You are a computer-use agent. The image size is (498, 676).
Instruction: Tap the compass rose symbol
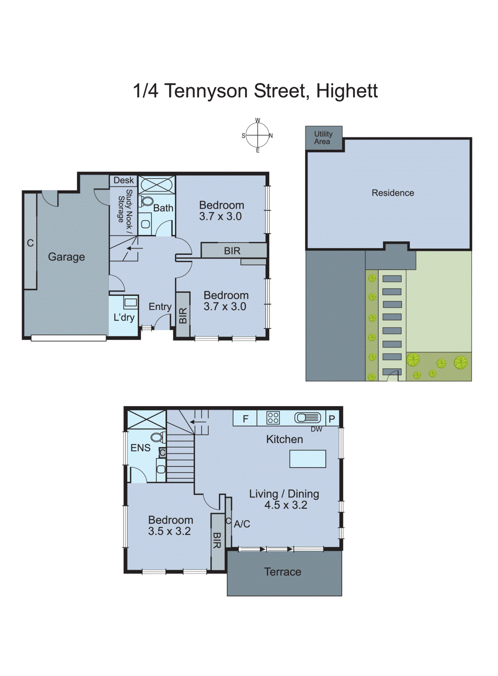click(257, 136)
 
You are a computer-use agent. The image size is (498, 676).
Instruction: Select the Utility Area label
click(323, 138)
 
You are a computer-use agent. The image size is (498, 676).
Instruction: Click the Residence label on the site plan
click(392, 193)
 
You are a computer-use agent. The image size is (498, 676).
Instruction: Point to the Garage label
click(66, 257)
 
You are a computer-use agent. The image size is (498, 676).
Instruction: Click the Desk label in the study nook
click(123, 180)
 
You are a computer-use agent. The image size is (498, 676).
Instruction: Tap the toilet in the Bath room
click(147, 201)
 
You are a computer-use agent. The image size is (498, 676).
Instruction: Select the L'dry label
click(123, 318)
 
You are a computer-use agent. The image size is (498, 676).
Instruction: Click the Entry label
click(160, 307)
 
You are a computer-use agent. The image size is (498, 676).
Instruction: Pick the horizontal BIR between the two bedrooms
click(232, 251)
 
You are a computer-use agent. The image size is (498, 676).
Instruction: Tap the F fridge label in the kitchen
click(245, 419)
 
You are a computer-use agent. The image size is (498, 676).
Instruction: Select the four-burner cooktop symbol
click(273, 418)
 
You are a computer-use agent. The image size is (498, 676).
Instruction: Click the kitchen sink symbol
click(308, 418)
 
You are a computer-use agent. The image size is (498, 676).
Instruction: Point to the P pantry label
click(332, 419)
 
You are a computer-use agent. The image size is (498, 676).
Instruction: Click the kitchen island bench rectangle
click(308, 459)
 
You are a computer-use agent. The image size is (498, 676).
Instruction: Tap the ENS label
click(140, 448)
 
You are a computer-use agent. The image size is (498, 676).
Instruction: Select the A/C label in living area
click(242, 524)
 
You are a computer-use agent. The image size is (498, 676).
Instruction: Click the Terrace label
click(283, 572)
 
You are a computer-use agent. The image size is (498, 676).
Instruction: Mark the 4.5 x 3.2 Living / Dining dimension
click(286, 505)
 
